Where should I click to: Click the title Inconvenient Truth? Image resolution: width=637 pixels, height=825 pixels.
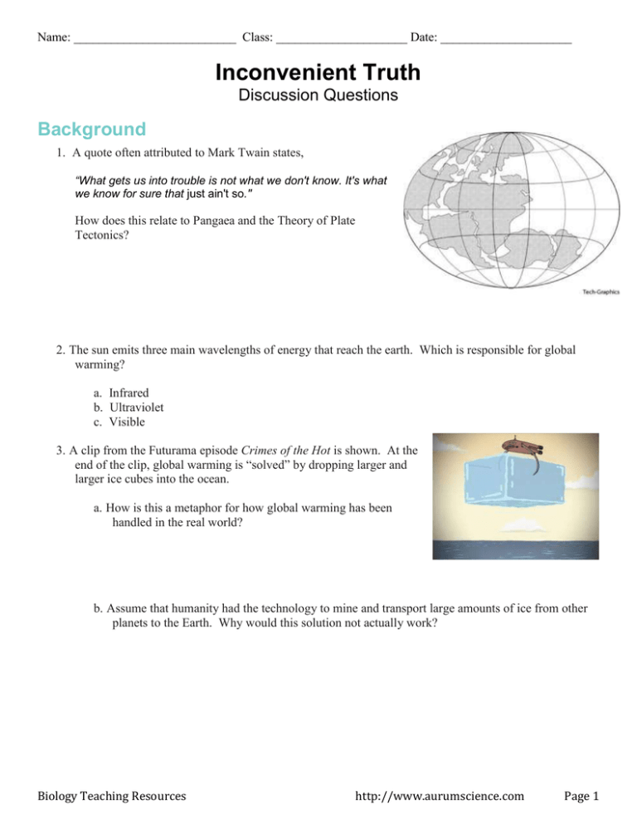318,73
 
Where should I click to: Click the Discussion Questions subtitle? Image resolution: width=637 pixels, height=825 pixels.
318,96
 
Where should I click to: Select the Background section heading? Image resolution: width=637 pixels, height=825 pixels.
91,129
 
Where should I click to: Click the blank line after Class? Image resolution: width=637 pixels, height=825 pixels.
341,38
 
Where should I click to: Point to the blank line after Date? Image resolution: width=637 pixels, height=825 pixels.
506,38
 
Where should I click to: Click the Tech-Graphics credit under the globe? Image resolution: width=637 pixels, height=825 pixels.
597,292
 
